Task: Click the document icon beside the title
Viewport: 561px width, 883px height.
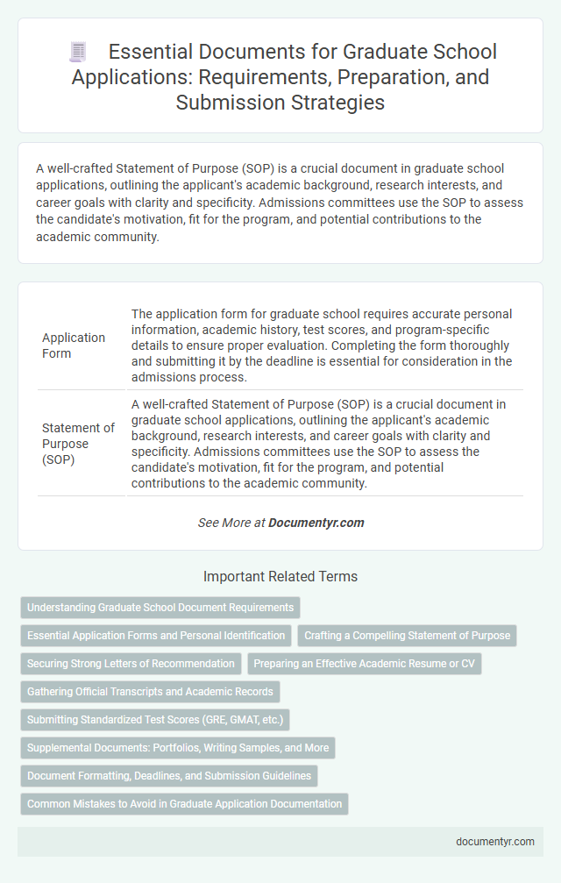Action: [x=77, y=53]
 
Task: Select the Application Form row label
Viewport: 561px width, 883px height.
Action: [x=75, y=345]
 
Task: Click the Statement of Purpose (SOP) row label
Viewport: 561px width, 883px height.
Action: [x=78, y=443]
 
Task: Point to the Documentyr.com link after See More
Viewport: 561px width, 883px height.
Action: [x=316, y=523]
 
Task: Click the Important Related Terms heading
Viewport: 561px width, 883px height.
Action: [x=280, y=577]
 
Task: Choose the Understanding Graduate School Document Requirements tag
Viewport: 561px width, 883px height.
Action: [x=160, y=607]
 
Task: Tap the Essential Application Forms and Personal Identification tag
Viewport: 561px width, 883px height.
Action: [x=156, y=635]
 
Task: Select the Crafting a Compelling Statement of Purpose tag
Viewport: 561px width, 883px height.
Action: [x=408, y=635]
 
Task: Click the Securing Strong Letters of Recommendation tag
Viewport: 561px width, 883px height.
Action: [x=131, y=663]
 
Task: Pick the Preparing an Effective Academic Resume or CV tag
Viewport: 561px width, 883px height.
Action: [x=364, y=663]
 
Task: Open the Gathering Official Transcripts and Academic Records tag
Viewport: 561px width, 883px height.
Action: [x=150, y=691]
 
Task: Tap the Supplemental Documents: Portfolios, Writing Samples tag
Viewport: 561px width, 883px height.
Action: [x=178, y=747]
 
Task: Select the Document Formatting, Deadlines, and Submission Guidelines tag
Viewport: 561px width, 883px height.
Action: [x=168, y=775]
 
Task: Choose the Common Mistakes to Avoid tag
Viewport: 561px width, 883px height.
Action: [x=184, y=803]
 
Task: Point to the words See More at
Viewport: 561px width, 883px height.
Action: [x=231, y=523]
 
